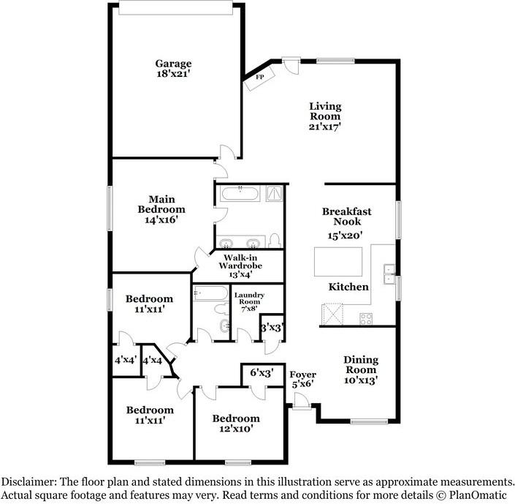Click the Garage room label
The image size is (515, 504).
pyautogui.click(x=173, y=68)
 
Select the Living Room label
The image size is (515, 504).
pyautogui.click(x=324, y=116)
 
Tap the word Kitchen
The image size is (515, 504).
pyautogui.click(x=348, y=287)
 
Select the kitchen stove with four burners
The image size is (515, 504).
pyautogui.click(x=365, y=318)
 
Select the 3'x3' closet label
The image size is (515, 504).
pyautogui.click(x=273, y=328)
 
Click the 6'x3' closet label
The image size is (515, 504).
pyautogui.click(x=262, y=373)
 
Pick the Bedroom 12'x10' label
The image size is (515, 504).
pyautogui.click(x=236, y=424)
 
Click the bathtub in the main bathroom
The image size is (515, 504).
pyautogui.click(x=240, y=195)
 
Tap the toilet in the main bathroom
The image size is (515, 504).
pyautogui.click(x=275, y=240)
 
